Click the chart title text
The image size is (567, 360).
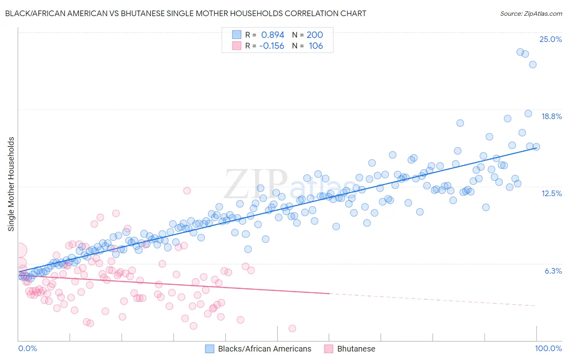coord(186,13)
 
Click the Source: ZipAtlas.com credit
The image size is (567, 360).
coord(531,13)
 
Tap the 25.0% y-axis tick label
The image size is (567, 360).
coord(550,39)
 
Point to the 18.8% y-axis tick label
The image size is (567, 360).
coord(551,116)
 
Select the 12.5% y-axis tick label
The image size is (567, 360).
coord(551,193)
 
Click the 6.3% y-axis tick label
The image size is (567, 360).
coord(553,271)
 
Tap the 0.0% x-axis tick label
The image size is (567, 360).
coord(27,348)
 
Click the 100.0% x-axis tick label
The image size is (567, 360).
coord(548,348)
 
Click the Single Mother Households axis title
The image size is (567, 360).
coord(11,184)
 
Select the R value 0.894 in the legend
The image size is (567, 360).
coord(273,35)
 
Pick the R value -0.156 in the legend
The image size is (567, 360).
coord(271,46)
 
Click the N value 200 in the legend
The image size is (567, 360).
coord(315,35)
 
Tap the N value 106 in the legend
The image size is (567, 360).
coord(316,46)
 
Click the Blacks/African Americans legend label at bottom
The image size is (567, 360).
coord(265,349)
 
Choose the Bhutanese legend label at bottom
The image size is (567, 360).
coord(356,349)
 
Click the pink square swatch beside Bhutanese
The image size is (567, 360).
coord(329,349)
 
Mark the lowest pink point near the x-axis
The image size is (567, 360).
coord(292,329)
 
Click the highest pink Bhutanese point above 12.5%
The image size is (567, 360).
coord(187,190)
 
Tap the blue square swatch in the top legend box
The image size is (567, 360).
coord(236,35)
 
